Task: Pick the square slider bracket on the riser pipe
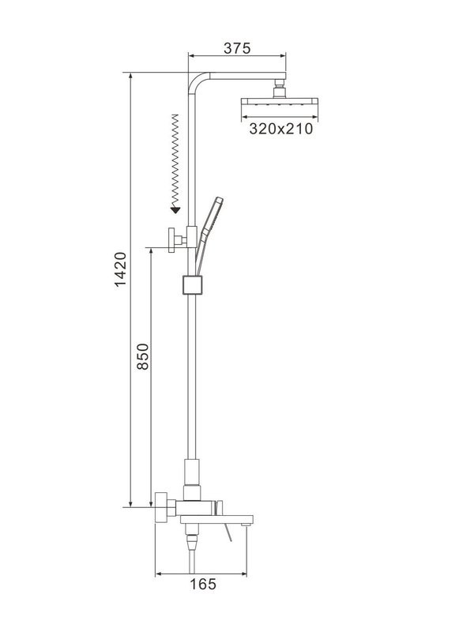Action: (x=191, y=284)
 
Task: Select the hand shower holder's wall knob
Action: (x=171, y=236)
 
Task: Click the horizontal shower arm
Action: (x=241, y=77)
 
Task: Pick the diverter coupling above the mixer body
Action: (x=191, y=477)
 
